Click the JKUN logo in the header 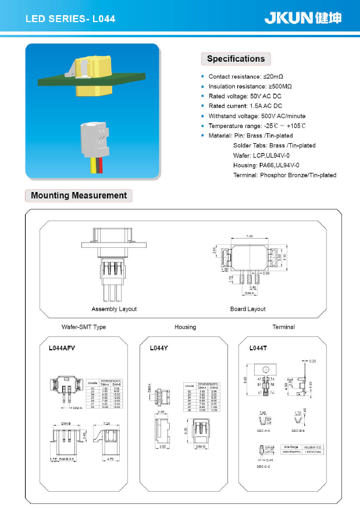click(302, 18)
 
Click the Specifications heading click(236, 59)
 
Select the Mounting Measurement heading click(79, 196)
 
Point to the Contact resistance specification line click(245, 77)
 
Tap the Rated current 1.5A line click(245, 106)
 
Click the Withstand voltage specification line click(256, 116)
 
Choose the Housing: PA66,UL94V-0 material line click(266, 165)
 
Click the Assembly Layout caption click(114, 309)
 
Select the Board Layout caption click(248, 309)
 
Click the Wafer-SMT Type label click(84, 327)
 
